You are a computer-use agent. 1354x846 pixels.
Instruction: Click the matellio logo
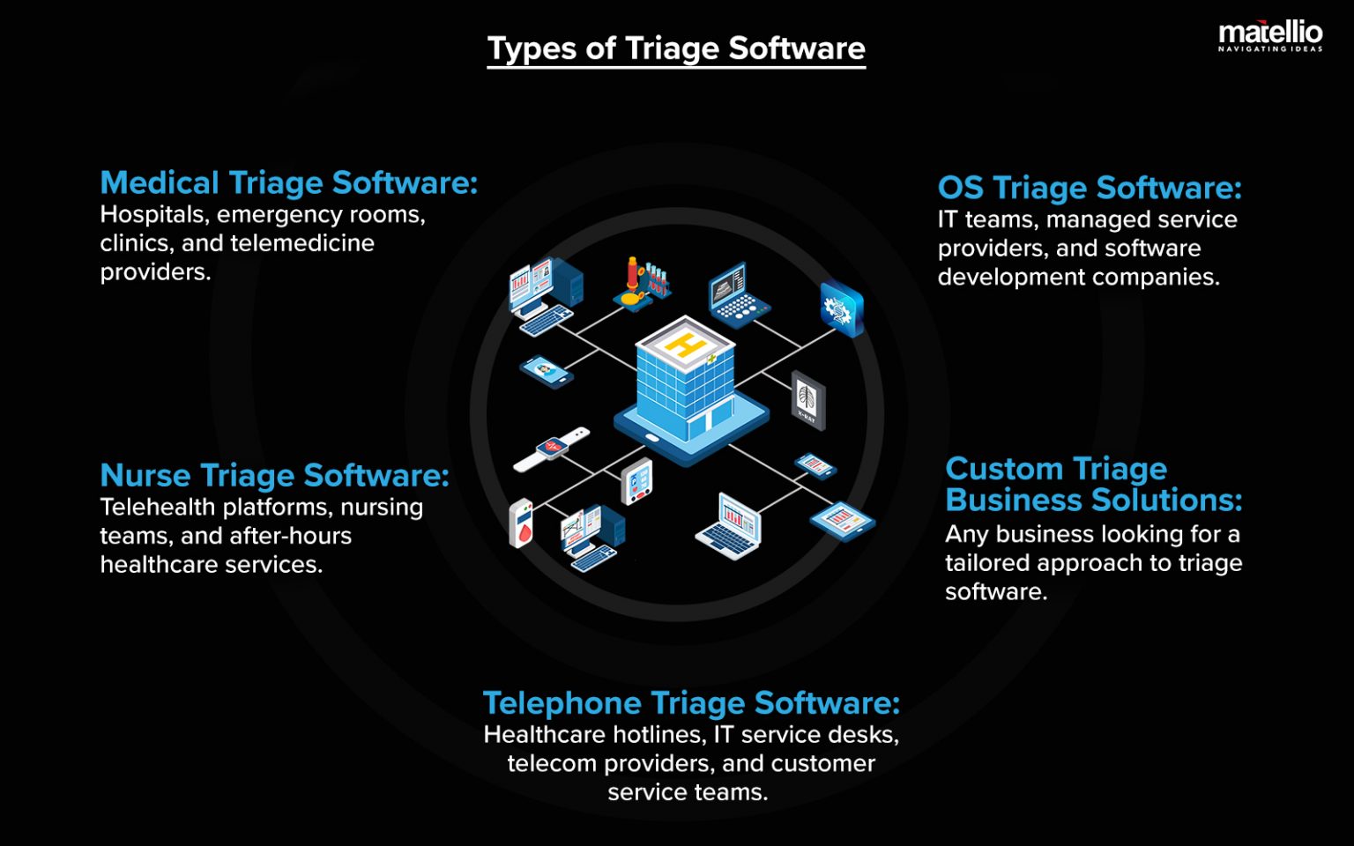1269,36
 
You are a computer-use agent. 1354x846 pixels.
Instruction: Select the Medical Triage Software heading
288,182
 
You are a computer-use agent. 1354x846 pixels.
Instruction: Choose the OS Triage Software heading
1090,188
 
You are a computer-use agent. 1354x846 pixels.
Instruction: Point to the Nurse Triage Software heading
274,475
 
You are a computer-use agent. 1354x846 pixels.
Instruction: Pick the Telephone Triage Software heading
691,703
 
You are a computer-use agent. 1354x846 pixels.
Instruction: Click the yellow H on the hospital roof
684,344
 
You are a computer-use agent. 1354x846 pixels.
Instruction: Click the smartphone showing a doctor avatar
547,370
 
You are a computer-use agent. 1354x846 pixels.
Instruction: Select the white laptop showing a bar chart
729,525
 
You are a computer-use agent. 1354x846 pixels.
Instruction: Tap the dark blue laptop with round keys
738,295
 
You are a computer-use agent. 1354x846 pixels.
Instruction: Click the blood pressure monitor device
636,482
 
